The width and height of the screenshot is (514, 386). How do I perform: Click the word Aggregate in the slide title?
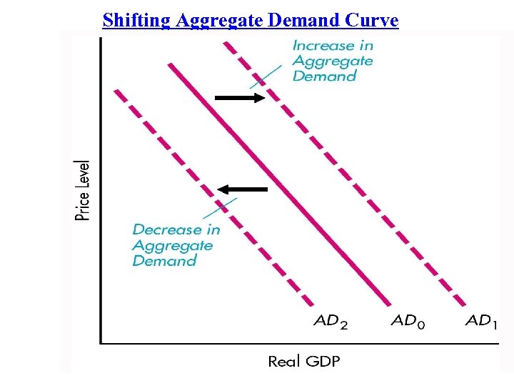218,20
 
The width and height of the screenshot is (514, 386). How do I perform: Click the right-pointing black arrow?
239,98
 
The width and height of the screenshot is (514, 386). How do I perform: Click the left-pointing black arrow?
243,189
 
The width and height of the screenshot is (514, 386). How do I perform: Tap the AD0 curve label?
408,321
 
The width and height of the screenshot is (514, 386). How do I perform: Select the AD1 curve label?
482,321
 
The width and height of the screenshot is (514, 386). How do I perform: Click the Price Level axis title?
84,190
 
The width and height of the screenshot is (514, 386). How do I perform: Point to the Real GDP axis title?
303,361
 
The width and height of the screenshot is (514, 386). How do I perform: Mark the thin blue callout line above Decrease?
216,210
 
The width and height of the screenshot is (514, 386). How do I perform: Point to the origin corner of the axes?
101,343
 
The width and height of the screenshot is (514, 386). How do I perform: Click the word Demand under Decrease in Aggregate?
164,261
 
